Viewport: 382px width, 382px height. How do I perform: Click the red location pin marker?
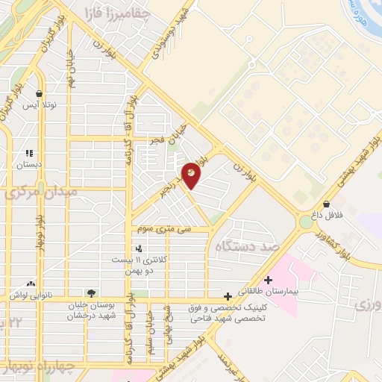(x=192, y=175)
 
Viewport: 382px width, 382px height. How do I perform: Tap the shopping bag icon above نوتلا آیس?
(x=39, y=94)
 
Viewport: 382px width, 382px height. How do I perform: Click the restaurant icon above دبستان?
(x=29, y=152)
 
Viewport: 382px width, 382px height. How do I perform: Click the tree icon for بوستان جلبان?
(x=91, y=294)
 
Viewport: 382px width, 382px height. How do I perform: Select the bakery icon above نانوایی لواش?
(x=31, y=284)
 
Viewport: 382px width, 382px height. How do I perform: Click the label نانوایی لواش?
(x=30, y=295)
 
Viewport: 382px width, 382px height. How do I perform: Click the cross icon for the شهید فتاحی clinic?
(x=237, y=295)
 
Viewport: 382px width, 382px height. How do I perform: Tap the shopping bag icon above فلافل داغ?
(x=326, y=204)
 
